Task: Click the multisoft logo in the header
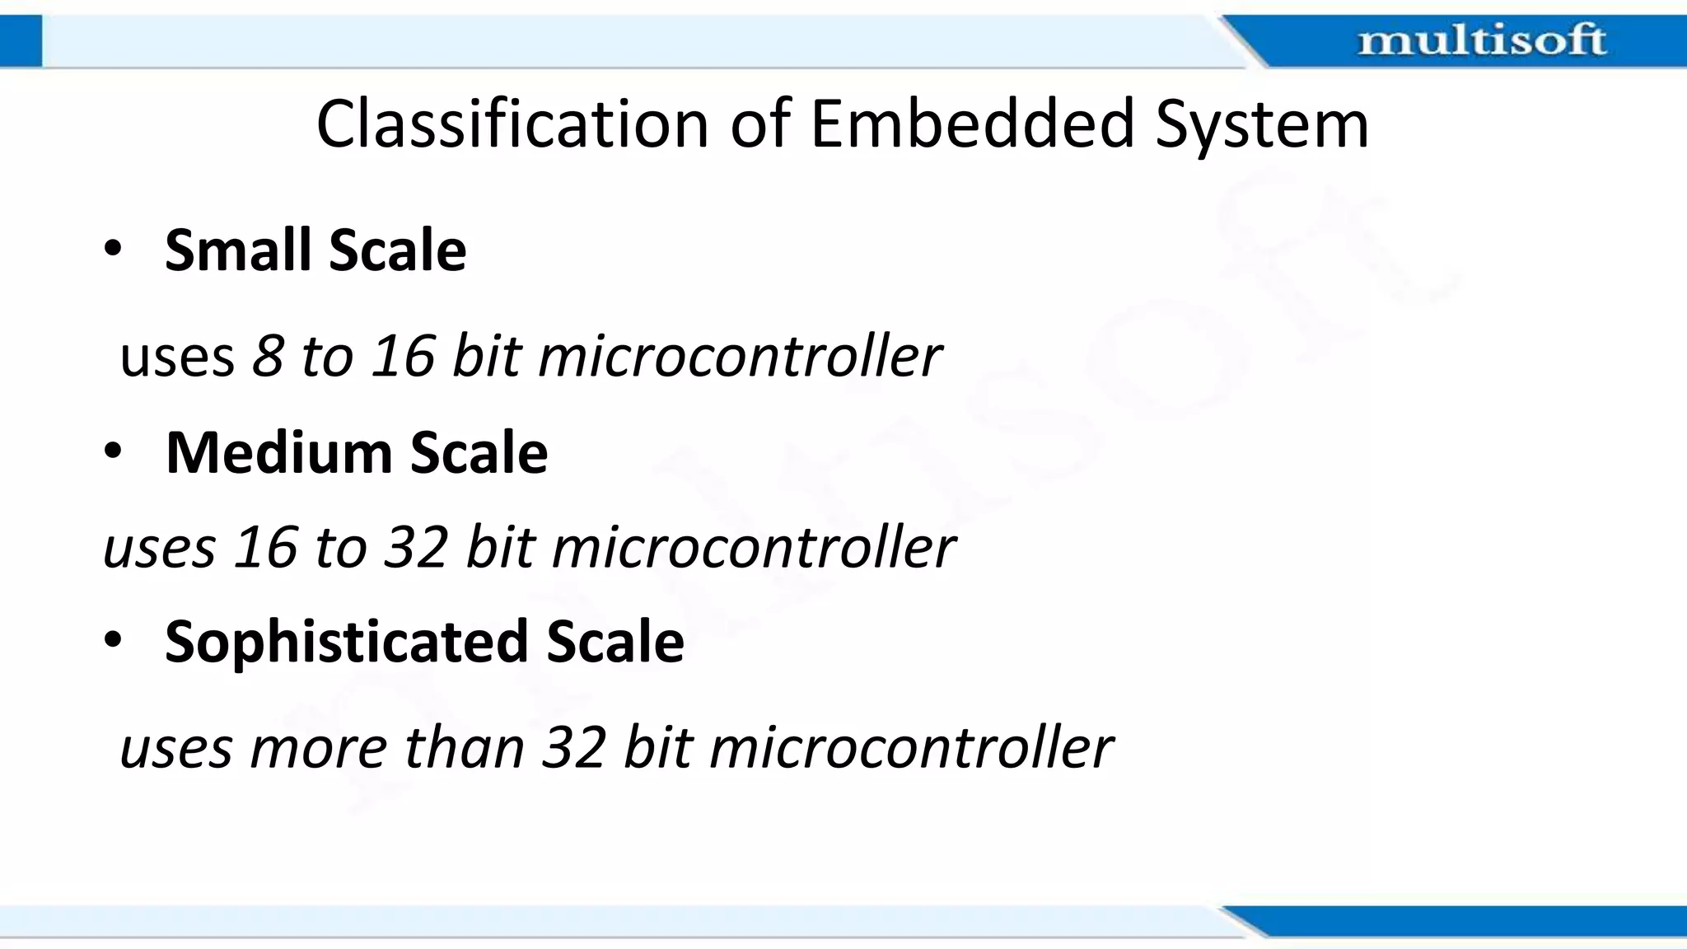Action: coord(1481,40)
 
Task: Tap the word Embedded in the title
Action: coord(973,124)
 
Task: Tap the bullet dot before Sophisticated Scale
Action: coord(113,640)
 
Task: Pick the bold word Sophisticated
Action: coord(346,642)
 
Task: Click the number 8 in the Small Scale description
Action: coord(268,357)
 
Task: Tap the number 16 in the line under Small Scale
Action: coord(402,357)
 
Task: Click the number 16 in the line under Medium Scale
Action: coord(265,547)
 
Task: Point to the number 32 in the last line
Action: coord(574,748)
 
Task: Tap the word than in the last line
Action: coord(464,748)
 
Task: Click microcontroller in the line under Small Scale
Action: coord(739,357)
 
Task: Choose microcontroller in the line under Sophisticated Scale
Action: coord(911,748)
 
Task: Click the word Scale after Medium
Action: coord(479,452)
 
